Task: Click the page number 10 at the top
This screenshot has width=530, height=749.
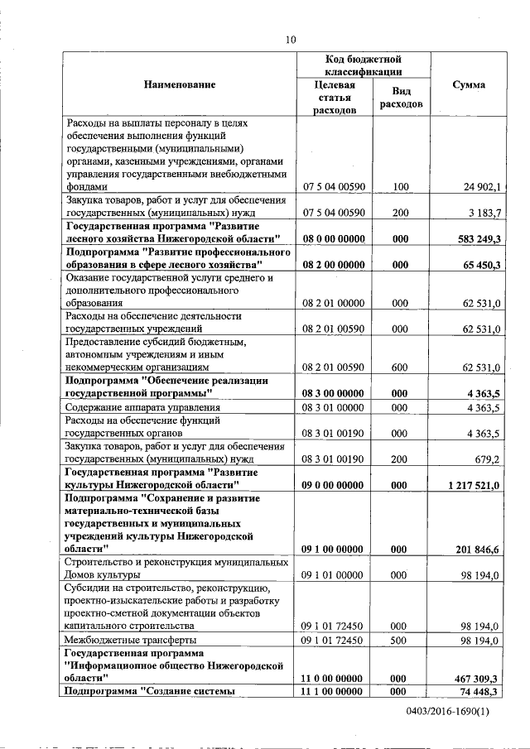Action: [290, 39]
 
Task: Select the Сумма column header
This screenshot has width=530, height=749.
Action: [469, 85]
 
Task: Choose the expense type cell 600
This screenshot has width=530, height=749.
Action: [401, 367]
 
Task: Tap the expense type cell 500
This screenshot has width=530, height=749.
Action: [401, 640]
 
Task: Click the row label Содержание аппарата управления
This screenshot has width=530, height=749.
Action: [147, 407]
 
